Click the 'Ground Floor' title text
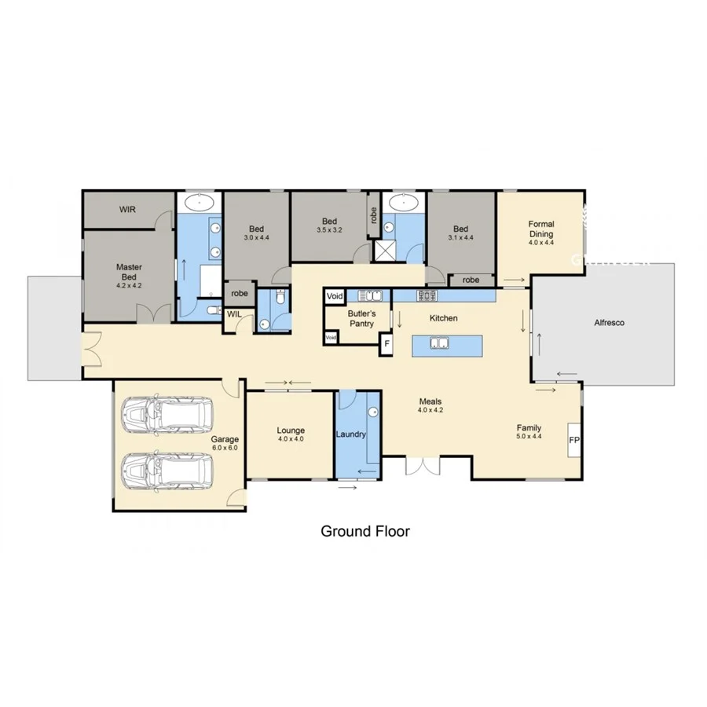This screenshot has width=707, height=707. pyautogui.click(x=364, y=531)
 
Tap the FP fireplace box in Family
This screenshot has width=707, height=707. pyautogui.click(x=573, y=440)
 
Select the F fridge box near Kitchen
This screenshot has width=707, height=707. pyautogui.click(x=386, y=343)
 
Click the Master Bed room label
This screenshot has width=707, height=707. pyautogui.click(x=129, y=272)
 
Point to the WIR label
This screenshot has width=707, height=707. pyautogui.click(x=128, y=210)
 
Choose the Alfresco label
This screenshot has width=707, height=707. pyautogui.click(x=609, y=322)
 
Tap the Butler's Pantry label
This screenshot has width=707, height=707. pyautogui.click(x=362, y=317)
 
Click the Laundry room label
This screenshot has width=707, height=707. pyautogui.click(x=351, y=434)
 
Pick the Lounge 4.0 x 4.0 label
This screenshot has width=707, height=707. pyautogui.click(x=291, y=434)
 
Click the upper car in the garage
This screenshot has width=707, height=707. pyautogui.click(x=167, y=412)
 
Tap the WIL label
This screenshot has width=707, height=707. pyautogui.click(x=235, y=314)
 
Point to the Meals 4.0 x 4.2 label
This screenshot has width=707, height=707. pyautogui.click(x=430, y=405)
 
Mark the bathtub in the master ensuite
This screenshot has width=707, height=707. pyautogui.click(x=200, y=203)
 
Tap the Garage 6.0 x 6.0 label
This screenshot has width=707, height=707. pyautogui.click(x=224, y=443)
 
